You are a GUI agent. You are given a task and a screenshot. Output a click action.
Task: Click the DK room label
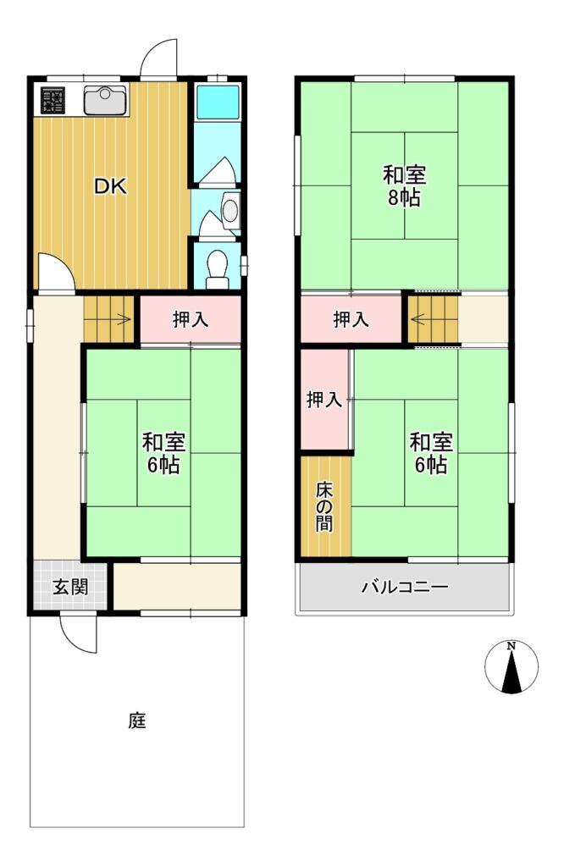coord(110,186)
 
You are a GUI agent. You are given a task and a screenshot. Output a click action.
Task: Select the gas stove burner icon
coord(53,100)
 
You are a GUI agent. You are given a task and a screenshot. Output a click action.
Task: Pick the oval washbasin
coord(230,211)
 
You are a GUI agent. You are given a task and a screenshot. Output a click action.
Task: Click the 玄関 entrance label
coord(71,587)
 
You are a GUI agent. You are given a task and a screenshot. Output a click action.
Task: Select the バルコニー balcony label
coord(405,586)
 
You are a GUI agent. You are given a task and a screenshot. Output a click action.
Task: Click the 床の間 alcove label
coord(324,506)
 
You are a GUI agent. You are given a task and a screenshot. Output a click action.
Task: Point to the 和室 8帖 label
coord(404,186)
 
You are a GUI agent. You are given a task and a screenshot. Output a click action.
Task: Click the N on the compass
coord(512,646)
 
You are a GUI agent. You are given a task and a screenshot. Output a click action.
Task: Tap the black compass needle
coord(512,672)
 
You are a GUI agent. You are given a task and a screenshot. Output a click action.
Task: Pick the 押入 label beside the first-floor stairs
coord(191,319)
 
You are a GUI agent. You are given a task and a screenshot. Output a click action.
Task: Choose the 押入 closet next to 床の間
coord(324,400)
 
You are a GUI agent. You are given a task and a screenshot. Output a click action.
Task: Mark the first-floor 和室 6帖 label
coord(163,454)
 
